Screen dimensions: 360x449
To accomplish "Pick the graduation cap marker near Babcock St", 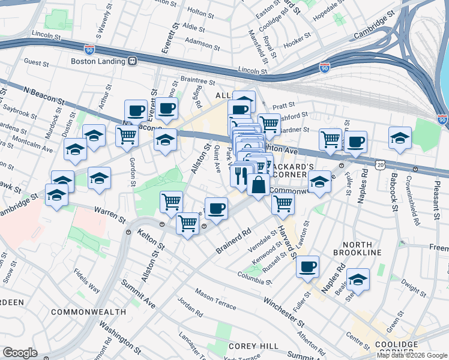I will click(x=400, y=137).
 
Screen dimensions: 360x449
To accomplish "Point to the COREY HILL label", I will click(x=253, y=346).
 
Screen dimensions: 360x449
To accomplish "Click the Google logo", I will click(x=20, y=353).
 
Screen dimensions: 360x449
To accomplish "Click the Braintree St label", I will click(x=197, y=80).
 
